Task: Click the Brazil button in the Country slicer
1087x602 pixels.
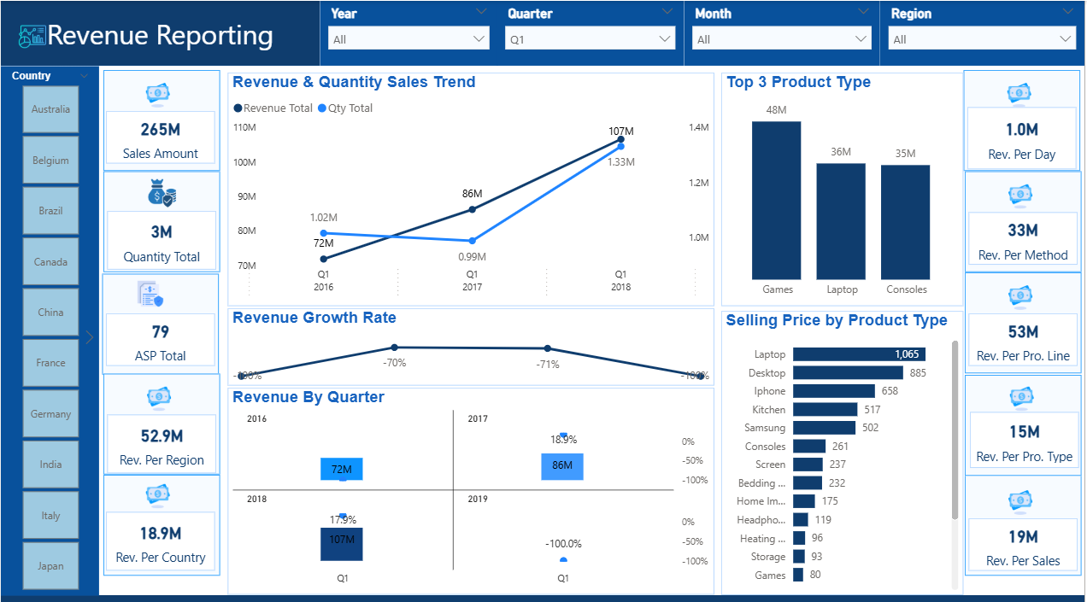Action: [50, 211]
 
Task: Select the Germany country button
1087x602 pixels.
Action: [50, 414]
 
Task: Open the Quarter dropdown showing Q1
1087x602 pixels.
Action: [590, 39]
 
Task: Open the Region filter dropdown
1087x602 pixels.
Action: [983, 39]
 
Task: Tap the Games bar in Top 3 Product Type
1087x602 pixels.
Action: [777, 200]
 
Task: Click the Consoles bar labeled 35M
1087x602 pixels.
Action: [906, 221]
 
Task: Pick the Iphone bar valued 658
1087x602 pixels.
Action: [833, 391]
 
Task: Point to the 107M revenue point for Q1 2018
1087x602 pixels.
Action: [621, 139]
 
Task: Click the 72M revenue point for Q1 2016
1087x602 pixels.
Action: [323, 259]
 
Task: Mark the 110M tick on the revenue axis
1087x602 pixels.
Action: [244, 127]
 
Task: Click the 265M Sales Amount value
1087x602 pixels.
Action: [161, 130]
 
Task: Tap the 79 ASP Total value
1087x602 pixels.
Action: [161, 331]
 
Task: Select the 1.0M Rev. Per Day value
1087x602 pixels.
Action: [1021, 130]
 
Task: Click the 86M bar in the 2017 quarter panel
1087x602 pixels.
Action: [561, 466]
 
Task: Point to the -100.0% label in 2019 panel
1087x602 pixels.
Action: [563, 544]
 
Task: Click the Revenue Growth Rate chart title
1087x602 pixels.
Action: [314, 318]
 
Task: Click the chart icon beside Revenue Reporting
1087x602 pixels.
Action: [32, 36]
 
